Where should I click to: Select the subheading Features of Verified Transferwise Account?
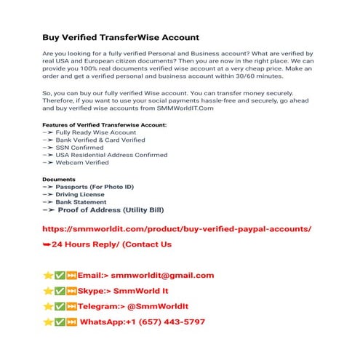pyautogui.click(x=105, y=125)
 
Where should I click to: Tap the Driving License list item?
pyautogui.click(x=86, y=194)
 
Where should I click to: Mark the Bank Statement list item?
pyautogui.click(x=85, y=201)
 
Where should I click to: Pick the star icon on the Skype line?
pyautogui.click(x=47, y=291)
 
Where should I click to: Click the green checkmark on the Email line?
pyautogui.click(x=60, y=276)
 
